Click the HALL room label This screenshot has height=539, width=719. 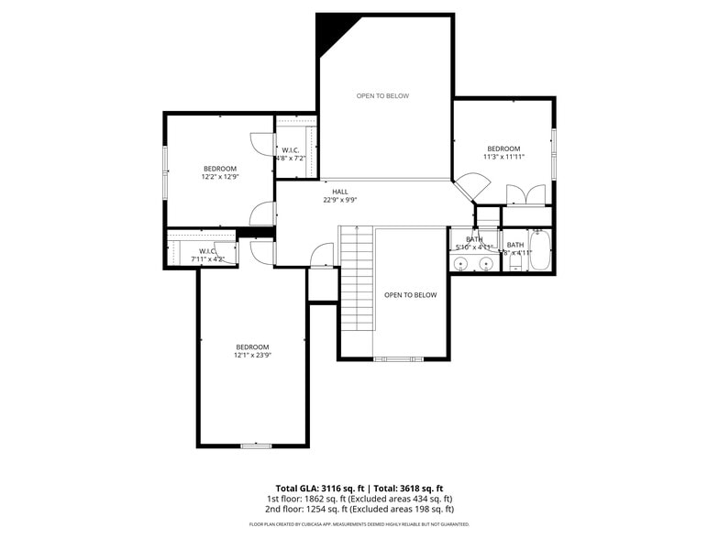pyautogui.click(x=340, y=192)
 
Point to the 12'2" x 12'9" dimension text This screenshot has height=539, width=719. pyautogui.click(x=220, y=177)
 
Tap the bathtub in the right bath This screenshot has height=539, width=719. pyautogui.click(x=539, y=253)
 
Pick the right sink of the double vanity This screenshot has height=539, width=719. pyautogui.click(x=486, y=265)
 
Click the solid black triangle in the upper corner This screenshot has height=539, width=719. pyautogui.click(x=328, y=33)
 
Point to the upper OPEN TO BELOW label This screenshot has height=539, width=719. pyautogui.click(x=382, y=95)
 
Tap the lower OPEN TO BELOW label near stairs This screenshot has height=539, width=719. pyautogui.click(x=410, y=295)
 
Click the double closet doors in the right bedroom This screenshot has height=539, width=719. pyautogui.click(x=526, y=195)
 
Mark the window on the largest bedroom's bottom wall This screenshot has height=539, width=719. pyautogui.click(x=256, y=445)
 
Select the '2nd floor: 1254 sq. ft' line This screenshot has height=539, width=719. pyautogui.click(x=359, y=509)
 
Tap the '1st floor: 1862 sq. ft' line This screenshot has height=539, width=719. pyautogui.click(x=359, y=499)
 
